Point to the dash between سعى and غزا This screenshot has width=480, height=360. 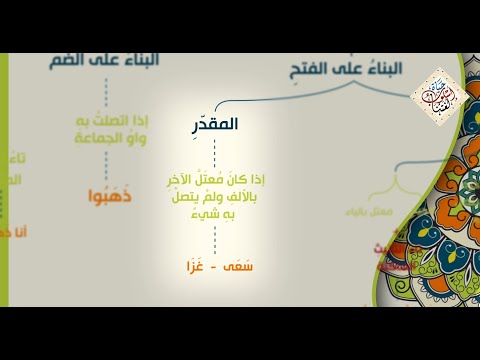pyautogui.click(x=213, y=269)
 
